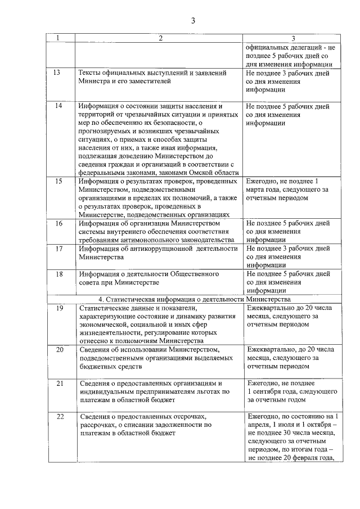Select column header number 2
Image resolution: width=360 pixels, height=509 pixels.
pos(160,38)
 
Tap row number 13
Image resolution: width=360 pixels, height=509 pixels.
pos(57,73)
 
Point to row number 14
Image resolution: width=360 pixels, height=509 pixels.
pos(57,106)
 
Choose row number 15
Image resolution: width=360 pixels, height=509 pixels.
pos(57,182)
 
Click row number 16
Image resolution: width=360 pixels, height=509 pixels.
pos(57,223)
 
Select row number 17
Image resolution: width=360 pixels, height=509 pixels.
pos(57,248)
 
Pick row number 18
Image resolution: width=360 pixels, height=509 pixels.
pos(57,274)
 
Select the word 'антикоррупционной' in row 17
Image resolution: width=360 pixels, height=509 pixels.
pos(165,248)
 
